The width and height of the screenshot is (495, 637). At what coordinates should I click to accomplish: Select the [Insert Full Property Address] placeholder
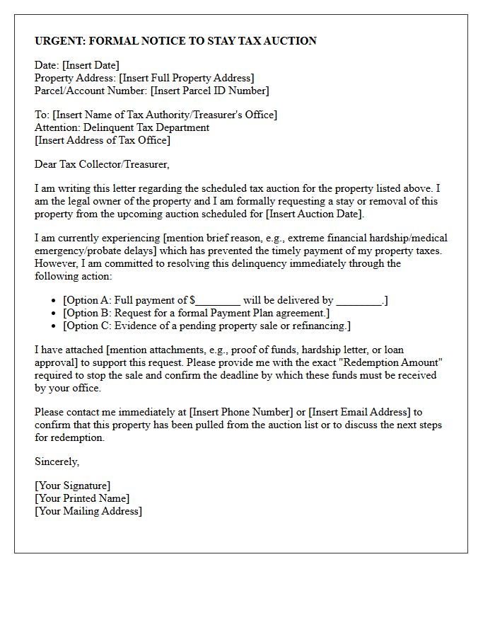(x=187, y=78)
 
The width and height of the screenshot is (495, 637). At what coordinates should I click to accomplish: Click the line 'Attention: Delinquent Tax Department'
(x=122, y=127)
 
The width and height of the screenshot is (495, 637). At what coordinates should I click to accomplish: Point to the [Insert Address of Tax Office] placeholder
(x=103, y=140)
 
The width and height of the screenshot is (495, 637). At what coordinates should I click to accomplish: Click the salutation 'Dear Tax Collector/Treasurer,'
(x=103, y=164)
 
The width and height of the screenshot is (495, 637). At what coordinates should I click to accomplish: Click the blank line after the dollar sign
(x=218, y=300)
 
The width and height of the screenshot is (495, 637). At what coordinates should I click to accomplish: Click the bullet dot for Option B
(x=54, y=313)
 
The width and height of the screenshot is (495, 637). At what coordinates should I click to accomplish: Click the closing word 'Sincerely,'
(x=57, y=461)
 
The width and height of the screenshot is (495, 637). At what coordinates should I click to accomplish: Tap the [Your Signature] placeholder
(x=72, y=486)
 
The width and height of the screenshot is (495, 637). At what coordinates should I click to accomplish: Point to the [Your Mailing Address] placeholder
(x=88, y=511)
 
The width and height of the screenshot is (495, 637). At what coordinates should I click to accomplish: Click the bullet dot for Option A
(x=54, y=300)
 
